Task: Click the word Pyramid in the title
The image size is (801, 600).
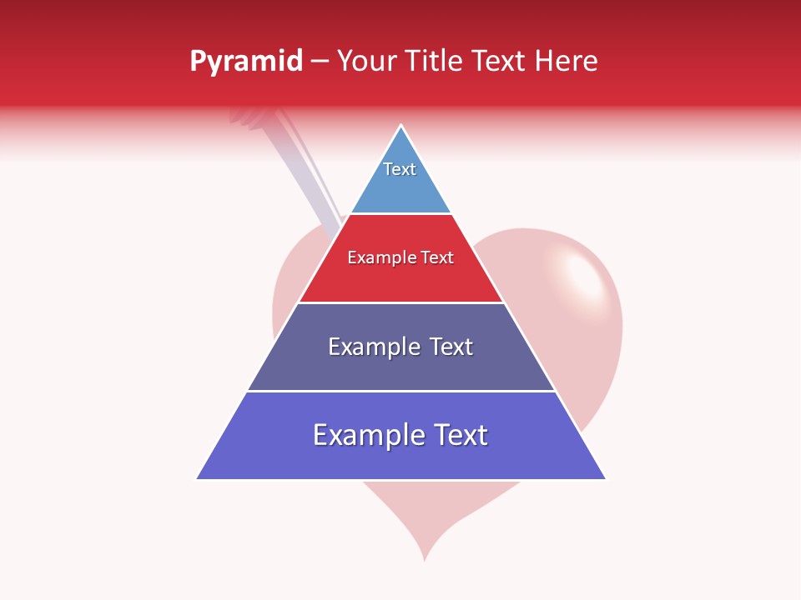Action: click(245, 62)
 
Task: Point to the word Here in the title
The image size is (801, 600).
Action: click(567, 61)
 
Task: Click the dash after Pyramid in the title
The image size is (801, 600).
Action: click(319, 62)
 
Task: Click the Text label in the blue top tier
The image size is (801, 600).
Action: click(400, 169)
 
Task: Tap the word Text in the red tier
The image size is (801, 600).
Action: click(437, 257)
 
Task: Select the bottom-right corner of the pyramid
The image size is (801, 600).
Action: click(604, 478)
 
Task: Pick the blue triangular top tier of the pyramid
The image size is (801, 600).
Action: click(400, 187)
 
